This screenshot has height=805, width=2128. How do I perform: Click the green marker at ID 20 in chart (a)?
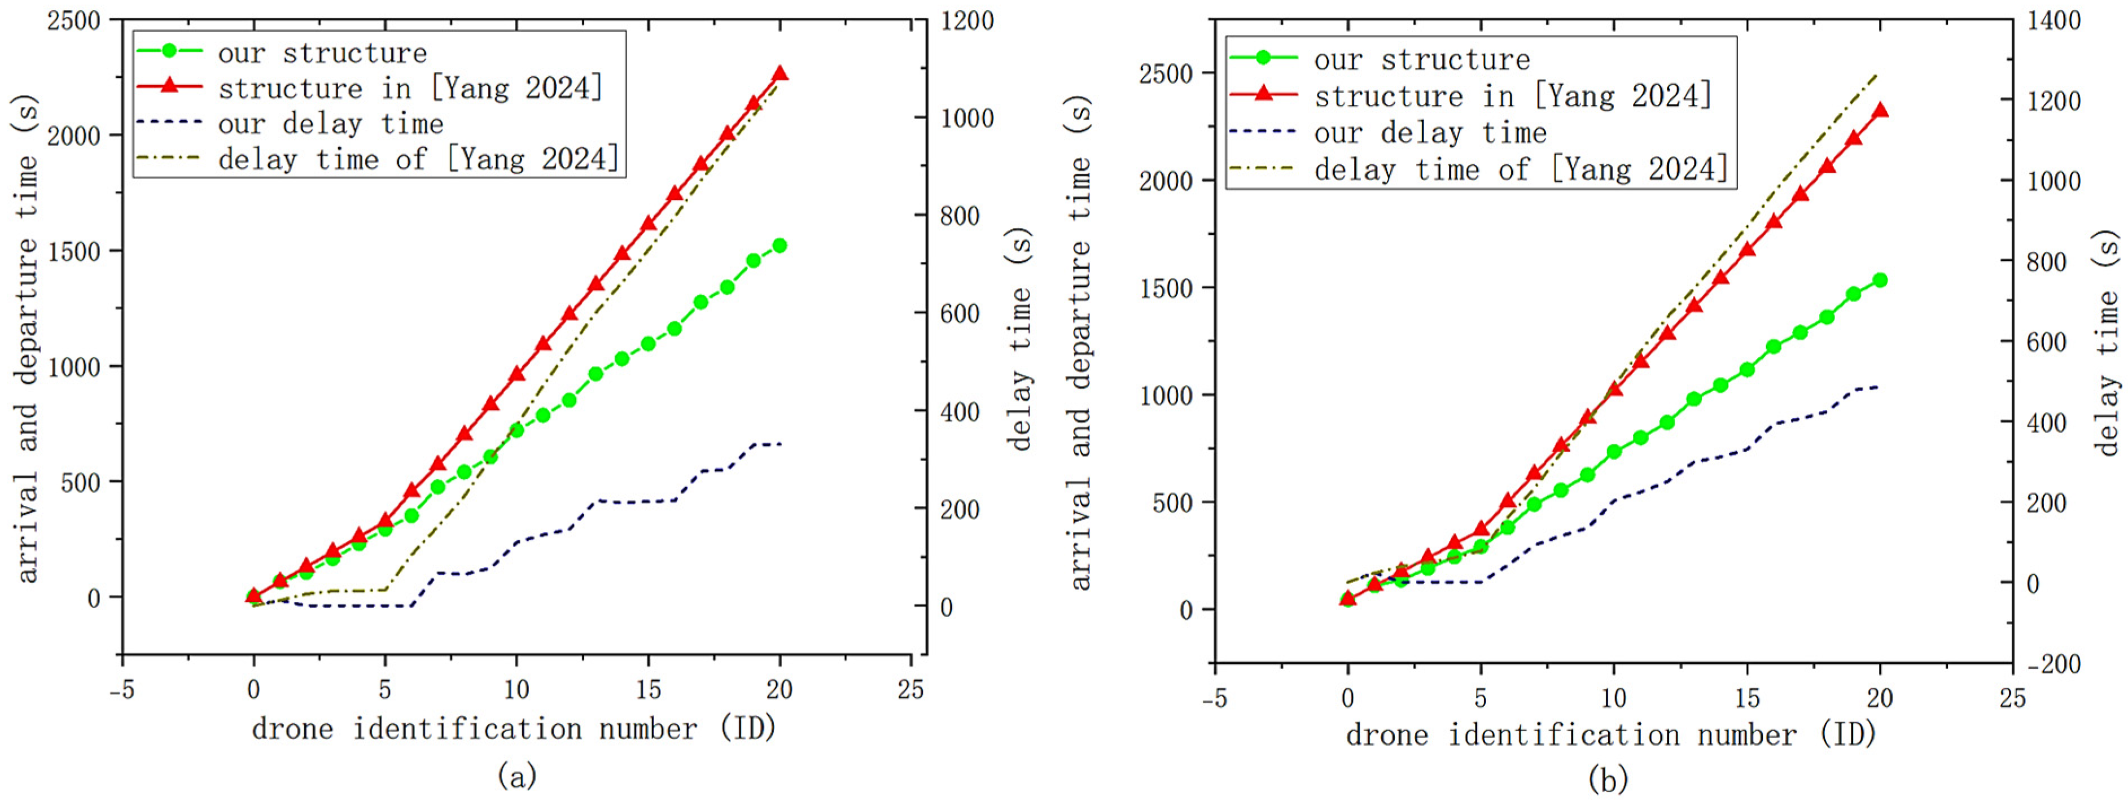(x=779, y=246)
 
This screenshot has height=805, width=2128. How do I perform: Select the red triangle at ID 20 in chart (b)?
(x=1880, y=111)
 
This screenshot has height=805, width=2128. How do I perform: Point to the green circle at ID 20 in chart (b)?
(x=1880, y=280)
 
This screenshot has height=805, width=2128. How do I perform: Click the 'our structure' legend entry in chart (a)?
(x=322, y=53)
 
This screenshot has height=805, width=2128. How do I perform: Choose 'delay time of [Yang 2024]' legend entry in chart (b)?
(x=1520, y=169)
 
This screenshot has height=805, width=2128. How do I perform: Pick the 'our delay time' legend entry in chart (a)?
(x=330, y=124)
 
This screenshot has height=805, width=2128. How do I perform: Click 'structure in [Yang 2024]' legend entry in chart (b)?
(x=1512, y=96)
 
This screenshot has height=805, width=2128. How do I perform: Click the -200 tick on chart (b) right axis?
(x=2053, y=664)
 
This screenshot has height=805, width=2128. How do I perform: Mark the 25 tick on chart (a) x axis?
(x=910, y=689)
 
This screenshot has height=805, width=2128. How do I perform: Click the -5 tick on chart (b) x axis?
(x=1214, y=698)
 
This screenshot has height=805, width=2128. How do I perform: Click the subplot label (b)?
(x=1608, y=778)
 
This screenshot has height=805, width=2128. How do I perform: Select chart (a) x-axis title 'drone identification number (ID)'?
(x=514, y=729)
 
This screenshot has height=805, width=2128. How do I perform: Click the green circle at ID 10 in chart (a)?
(x=516, y=430)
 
